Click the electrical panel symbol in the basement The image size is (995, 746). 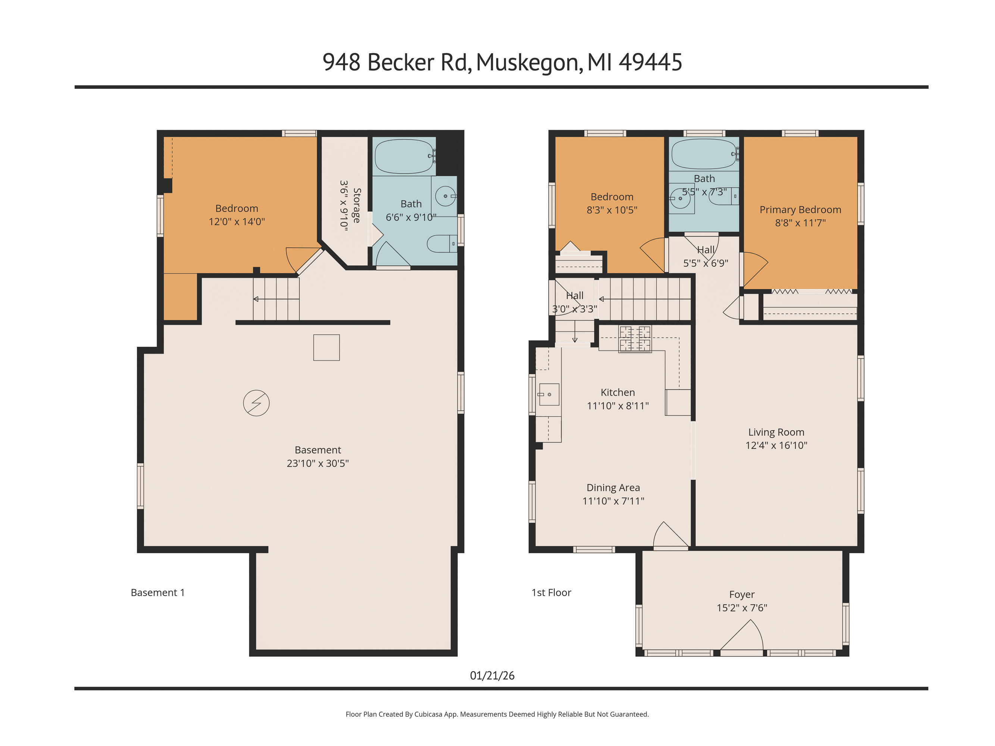click(x=256, y=403)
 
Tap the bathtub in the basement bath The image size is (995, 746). click(x=404, y=157)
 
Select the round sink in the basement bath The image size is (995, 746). click(x=445, y=196)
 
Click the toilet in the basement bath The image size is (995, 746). click(x=441, y=244)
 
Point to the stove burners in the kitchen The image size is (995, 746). click(x=635, y=339)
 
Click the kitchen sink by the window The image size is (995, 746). click(x=549, y=394)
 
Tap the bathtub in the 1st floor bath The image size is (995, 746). click(x=704, y=154)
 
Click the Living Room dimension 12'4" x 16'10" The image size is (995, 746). click(x=776, y=445)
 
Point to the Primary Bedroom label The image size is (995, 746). click(x=800, y=210)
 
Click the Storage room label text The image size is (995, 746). click(x=357, y=206)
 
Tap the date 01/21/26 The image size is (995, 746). click(x=492, y=676)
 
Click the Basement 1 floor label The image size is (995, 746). click(x=157, y=593)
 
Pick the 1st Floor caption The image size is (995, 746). click(x=551, y=593)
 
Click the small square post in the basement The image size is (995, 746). click(x=326, y=348)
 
